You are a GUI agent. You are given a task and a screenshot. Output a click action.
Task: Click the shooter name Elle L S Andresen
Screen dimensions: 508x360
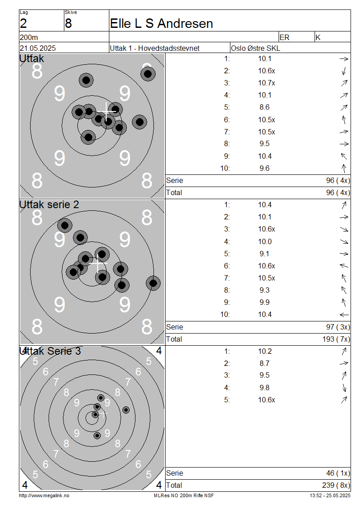162,23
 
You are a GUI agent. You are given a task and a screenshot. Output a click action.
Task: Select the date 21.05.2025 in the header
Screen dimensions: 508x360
37,48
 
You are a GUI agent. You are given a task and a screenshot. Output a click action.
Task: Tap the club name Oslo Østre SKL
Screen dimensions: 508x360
255,48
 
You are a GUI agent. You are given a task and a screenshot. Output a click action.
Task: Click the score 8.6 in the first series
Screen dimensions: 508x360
265,107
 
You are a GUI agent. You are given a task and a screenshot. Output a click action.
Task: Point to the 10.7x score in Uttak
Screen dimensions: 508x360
266,83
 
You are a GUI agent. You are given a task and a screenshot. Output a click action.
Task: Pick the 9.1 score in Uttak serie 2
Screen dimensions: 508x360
265,254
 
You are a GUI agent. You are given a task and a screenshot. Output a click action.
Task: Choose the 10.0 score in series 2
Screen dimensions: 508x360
265,241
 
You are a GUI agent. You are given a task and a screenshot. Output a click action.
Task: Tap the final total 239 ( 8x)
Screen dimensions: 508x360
333,486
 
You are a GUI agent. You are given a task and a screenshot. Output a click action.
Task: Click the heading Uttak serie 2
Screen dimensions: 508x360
49,205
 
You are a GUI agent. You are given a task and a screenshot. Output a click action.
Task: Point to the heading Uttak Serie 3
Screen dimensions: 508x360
50,351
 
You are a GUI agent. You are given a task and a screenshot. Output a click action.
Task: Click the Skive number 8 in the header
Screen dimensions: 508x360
68,23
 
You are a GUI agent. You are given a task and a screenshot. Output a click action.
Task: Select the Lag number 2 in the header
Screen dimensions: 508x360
23,23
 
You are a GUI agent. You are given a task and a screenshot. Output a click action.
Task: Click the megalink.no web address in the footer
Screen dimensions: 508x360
44,495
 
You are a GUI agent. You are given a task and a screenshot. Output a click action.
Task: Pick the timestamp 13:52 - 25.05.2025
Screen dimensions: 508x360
330,495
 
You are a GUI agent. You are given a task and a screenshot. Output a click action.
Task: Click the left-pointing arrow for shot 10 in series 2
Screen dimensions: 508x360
344,315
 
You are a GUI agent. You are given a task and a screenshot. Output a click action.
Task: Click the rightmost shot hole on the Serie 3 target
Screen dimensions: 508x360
126,410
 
